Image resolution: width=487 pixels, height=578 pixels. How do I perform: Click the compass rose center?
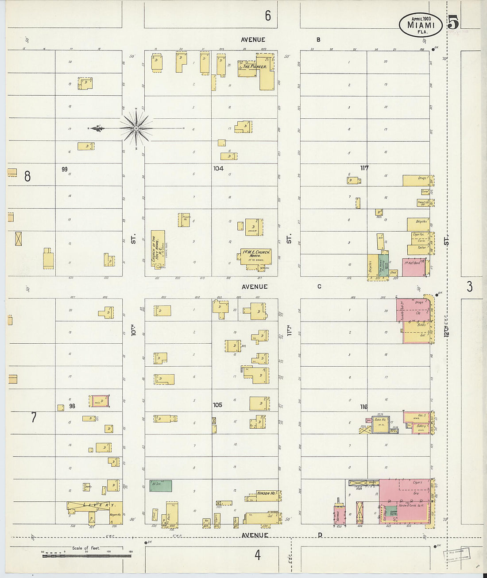tap(136, 128)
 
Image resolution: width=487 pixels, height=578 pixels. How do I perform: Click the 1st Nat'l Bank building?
tap(414, 267)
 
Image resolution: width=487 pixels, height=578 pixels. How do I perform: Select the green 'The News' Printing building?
tap(384, 266)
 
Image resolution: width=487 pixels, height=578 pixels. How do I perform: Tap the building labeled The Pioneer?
tap(255, 67)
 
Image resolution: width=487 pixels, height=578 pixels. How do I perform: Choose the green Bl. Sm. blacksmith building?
tap(160, 486)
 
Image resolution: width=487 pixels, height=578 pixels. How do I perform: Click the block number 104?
tap(218, 168)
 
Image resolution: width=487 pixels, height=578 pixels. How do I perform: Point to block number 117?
tap(364, 168)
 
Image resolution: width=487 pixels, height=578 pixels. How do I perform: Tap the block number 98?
tap(72, 406)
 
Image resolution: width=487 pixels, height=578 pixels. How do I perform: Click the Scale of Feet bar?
tap(87, 555)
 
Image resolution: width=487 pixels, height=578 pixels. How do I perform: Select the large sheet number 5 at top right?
tap(453, 22)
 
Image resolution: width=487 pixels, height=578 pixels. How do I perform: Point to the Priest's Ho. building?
tap(184, 220)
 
